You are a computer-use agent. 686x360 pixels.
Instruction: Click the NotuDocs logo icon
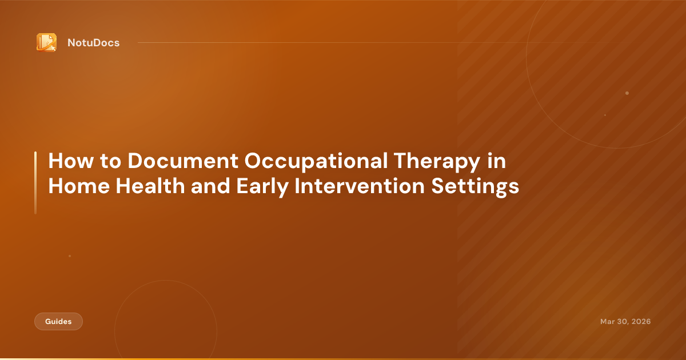pos(46,42)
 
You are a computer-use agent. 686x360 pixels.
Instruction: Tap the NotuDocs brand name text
pos(93,43)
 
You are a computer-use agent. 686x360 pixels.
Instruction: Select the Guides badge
pos(58,322)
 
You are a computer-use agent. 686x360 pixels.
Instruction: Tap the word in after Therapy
pos(497,162)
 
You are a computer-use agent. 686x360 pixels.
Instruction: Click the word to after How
pos(106,162)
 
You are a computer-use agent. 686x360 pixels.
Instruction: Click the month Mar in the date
pos(607,322)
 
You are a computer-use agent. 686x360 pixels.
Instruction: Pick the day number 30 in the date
pos(621,322)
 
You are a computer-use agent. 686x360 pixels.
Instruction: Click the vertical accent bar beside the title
pos(35,183)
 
